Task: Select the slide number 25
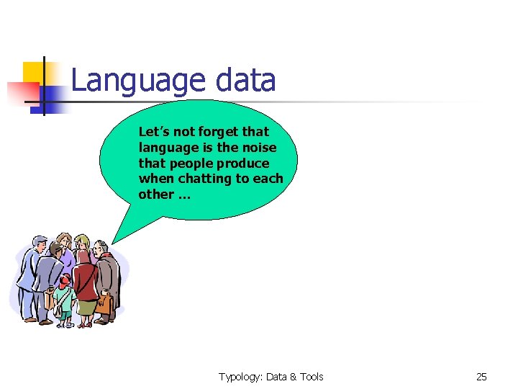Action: [x=481, y=377]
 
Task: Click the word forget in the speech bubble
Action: [x=215, y=132]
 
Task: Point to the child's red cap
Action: [x=65, y=280]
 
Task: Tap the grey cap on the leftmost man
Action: [x=40, y=241]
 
